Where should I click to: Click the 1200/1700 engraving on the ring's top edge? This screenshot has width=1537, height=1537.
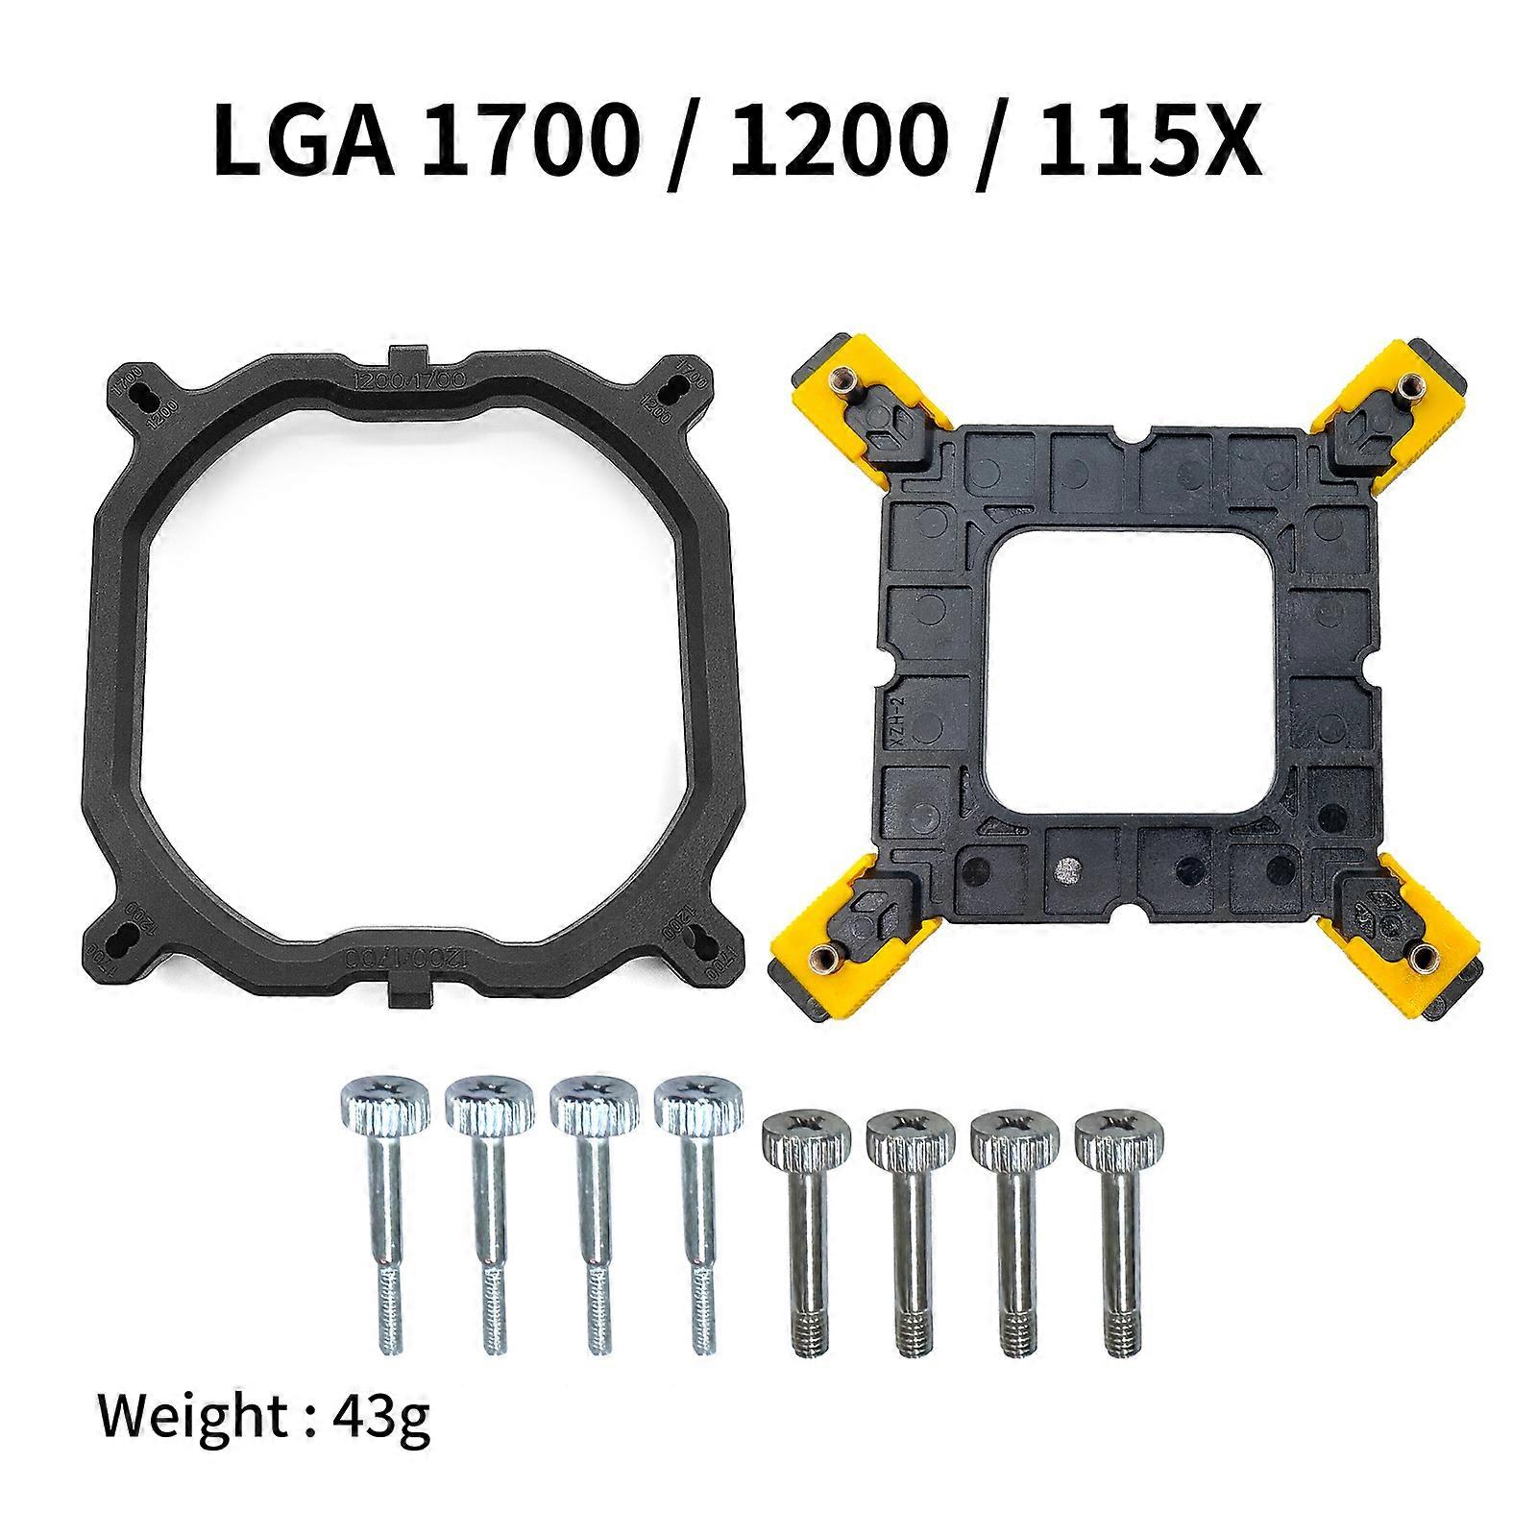[411, 379]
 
